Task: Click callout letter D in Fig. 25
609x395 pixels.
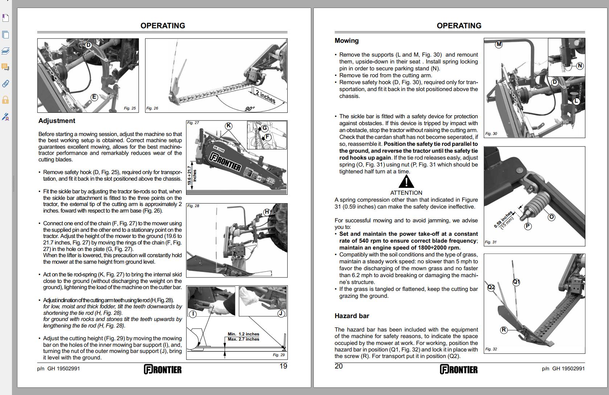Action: pos(88,45)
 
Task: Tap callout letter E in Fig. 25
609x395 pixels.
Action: pos(94,97)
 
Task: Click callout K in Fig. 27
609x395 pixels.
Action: pos(229,126)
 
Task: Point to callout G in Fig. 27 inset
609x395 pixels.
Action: pos(264,128)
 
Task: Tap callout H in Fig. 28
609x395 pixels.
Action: pos(267,212)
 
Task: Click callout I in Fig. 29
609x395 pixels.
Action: pos(193,314)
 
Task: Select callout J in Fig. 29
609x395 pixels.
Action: pos(281,313)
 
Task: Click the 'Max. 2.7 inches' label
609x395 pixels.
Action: pos(243,340)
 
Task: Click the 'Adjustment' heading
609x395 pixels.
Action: pos(57,121)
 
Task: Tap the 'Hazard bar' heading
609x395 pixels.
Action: pos(352,316)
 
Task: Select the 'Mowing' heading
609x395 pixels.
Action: pos(347,41)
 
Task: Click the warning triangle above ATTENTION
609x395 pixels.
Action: pos(406,182)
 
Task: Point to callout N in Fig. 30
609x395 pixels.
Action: pos(580,66)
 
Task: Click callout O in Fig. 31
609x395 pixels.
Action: pos(551,217)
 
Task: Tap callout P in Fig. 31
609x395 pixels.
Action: pos(528,226)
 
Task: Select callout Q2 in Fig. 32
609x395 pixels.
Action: pos(491,288)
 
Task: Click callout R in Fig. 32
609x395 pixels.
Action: pos(504,330)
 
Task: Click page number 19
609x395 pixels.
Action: pos(283,366)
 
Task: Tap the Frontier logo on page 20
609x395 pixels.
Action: pos(459,369)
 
